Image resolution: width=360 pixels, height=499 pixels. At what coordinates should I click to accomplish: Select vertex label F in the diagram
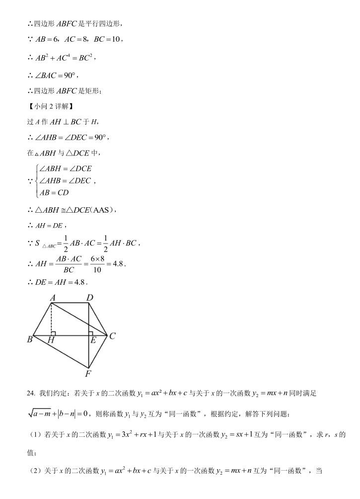pos(88,374)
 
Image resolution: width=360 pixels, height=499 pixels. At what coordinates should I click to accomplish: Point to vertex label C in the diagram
pos(113,336)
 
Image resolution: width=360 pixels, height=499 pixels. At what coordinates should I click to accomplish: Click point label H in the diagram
pos(51,341)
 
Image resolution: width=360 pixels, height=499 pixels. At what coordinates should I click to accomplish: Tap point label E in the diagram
pos(93,341)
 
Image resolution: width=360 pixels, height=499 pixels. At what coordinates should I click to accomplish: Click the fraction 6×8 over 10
pos(97,264)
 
